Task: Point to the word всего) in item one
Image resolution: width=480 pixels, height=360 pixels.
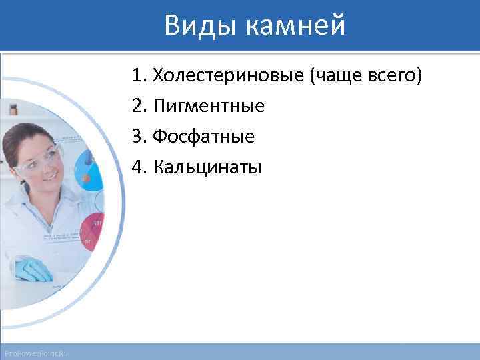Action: coord(395,76)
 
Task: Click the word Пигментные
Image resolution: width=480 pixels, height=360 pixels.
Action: coord(208,106)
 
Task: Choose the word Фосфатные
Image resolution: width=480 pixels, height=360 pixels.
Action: coord(203,136)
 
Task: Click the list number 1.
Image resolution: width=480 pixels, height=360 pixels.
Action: coord(138,76)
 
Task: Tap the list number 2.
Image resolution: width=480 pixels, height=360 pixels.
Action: coord(138,106)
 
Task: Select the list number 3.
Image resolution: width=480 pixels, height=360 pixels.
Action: coord(138,136)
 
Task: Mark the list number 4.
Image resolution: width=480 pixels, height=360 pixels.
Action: coord(138,166)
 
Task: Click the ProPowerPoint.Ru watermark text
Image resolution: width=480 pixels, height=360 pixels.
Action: coord(39,353)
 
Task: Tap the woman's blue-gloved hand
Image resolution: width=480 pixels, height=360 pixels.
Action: coord(33,269)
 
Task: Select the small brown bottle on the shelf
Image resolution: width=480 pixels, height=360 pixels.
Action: coord(13,109)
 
